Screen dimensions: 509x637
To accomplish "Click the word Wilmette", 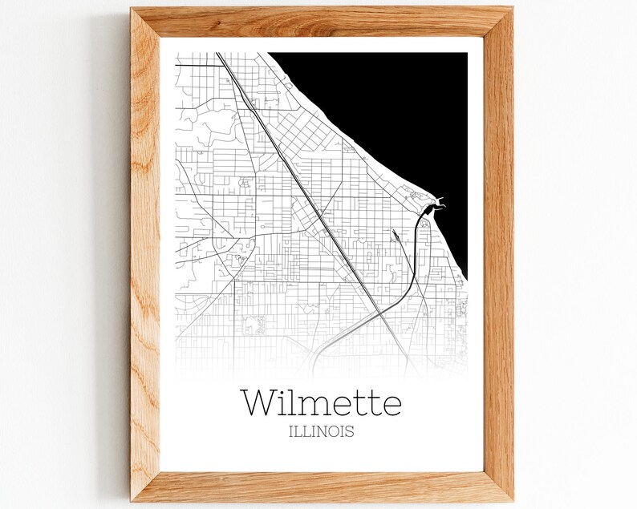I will pyautogui.click(x=321, y=402).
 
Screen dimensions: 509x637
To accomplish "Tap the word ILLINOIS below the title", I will pyautogui.click(x=321, y=431).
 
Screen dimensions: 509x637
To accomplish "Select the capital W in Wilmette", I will pyautogui.click(x=258, y=402).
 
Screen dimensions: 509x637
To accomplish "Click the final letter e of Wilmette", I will pyautogui.click(x=391, y=405).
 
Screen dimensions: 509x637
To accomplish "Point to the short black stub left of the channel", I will pyautogui.click(x=396, y=235).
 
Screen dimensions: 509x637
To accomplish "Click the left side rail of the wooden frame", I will pyautogui.click(x=145, y=257).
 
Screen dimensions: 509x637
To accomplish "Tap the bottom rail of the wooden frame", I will pyautogui.click(x=321, y=487).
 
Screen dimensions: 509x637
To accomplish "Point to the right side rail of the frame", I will pyautogui.click(x=498, y=257).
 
